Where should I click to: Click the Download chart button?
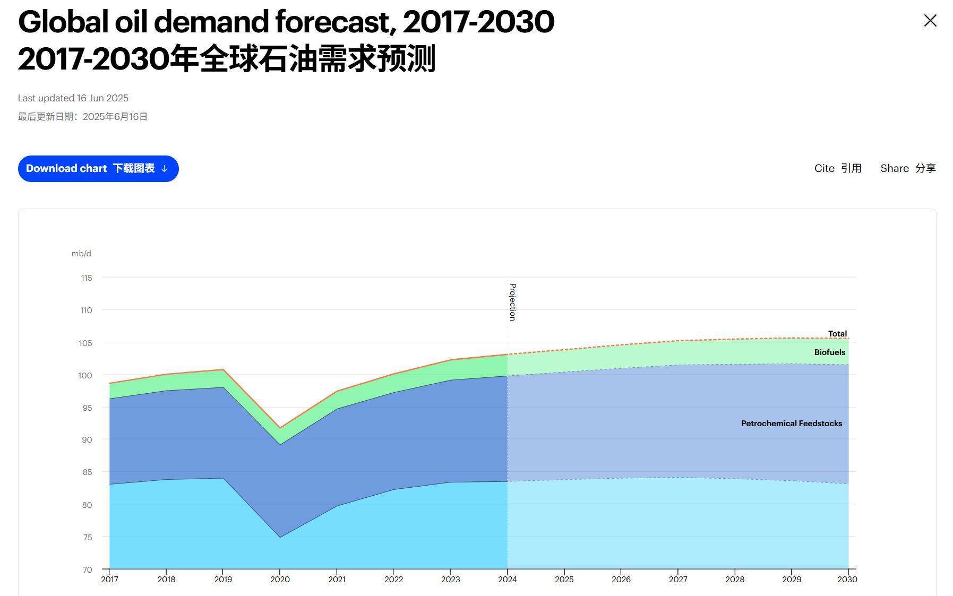click(98, 169)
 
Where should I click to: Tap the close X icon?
click(930, 21)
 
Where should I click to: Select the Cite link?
click(837, 168)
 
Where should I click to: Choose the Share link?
click(908, 168)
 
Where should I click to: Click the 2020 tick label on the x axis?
click(280, 579)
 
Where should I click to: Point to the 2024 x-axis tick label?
click(507, 579)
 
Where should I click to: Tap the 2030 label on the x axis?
click(847, 579)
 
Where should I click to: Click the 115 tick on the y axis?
click(86, 278)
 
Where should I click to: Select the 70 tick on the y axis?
click(87, 569)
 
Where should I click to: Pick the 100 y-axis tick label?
click(85, 375)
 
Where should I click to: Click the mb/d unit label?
click(81, 254)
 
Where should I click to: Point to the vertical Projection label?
click(512, 302)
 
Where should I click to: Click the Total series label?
click(837, 334)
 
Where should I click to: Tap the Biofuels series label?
click(829, 352)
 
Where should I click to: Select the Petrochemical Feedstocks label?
click(791, 424)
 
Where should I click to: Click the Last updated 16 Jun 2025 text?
click(73, 98)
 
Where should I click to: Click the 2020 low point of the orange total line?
click(280, 428)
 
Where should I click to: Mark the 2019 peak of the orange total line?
click(223, 369)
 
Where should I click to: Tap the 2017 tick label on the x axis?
click(109, 579)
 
